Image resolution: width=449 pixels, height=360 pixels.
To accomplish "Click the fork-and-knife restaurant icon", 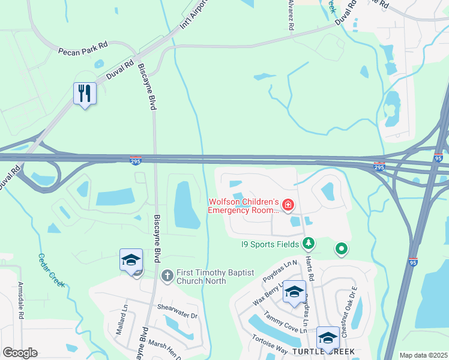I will [x=85, y=93].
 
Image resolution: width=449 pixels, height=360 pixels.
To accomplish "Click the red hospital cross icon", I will [x=288, y=206].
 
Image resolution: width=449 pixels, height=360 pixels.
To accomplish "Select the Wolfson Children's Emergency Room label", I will [x=244, y=206].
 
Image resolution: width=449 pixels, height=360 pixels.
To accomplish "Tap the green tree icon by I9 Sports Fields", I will [x=308, y=243].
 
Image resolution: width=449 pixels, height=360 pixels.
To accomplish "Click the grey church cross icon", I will [x=167, y=277].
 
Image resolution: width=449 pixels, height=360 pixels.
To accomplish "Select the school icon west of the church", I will [x=131, y=260].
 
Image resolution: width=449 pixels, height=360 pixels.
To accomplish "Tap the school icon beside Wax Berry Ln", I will [x=294, y=292].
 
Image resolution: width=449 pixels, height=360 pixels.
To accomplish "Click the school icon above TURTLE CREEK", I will [x=328, y=338].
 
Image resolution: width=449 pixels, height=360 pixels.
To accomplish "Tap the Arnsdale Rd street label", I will [x=21, y=299].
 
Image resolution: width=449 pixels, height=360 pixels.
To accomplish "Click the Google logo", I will [x=20, y=353].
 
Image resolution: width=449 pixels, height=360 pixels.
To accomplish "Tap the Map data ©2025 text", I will [x=423, y=355].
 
